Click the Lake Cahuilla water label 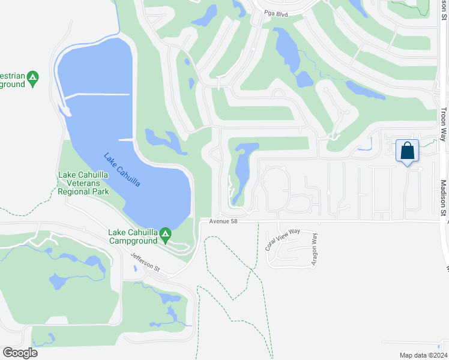click(x=122, y=170)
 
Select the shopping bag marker click(x=407, y=151)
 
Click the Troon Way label click(x=443, y=125)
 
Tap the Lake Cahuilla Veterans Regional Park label click(x=83, y=184)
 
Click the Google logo click(x=20, y=352)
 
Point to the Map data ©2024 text click(x=421, y=355)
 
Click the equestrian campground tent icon click(x=33, y=76)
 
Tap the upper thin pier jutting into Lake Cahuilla click(x=96, y=95)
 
